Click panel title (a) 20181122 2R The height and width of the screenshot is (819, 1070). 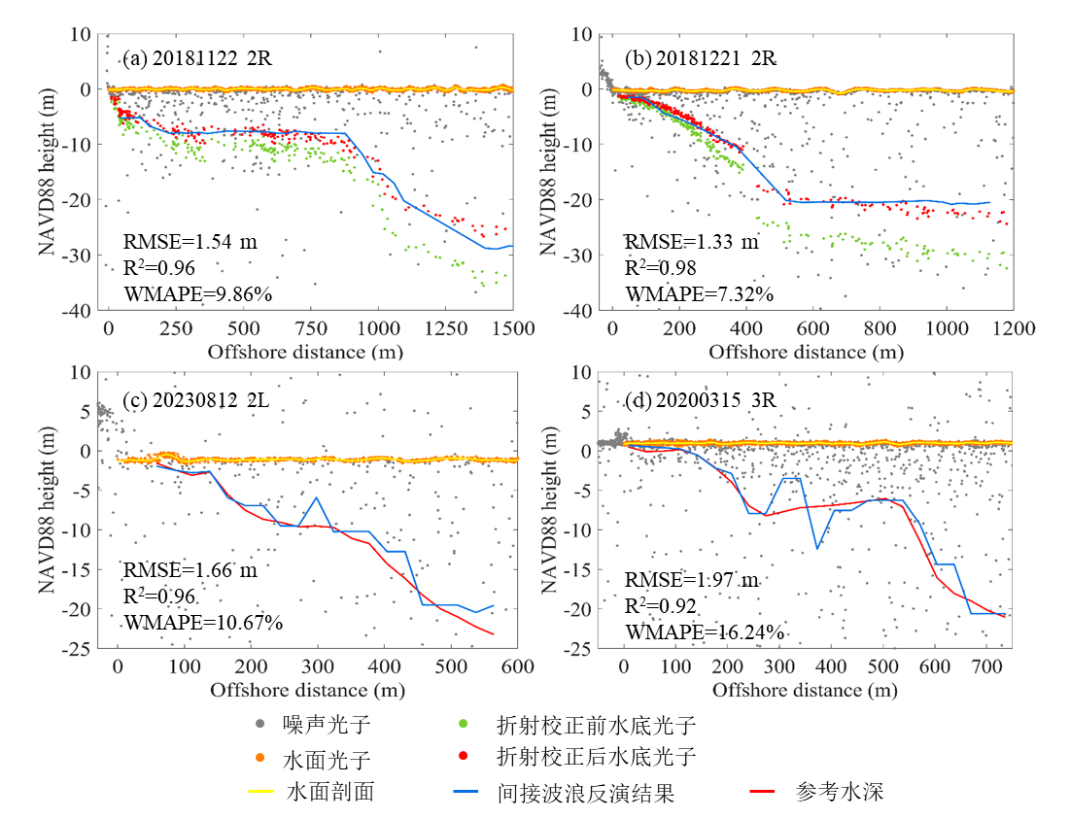pos(197,58)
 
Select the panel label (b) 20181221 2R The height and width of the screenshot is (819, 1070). pos(701,58)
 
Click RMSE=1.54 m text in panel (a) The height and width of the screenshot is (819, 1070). pos(190,242)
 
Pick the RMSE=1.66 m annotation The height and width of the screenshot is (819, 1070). pos(190,570)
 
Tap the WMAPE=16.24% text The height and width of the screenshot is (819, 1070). pos(704,632)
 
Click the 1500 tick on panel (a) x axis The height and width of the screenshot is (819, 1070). pos(513,329)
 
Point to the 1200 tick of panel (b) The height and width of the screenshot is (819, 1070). pos(1014,329)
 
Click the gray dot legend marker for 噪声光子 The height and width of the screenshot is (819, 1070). pos(259,724)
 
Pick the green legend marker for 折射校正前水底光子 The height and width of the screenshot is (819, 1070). pos(465,724)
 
